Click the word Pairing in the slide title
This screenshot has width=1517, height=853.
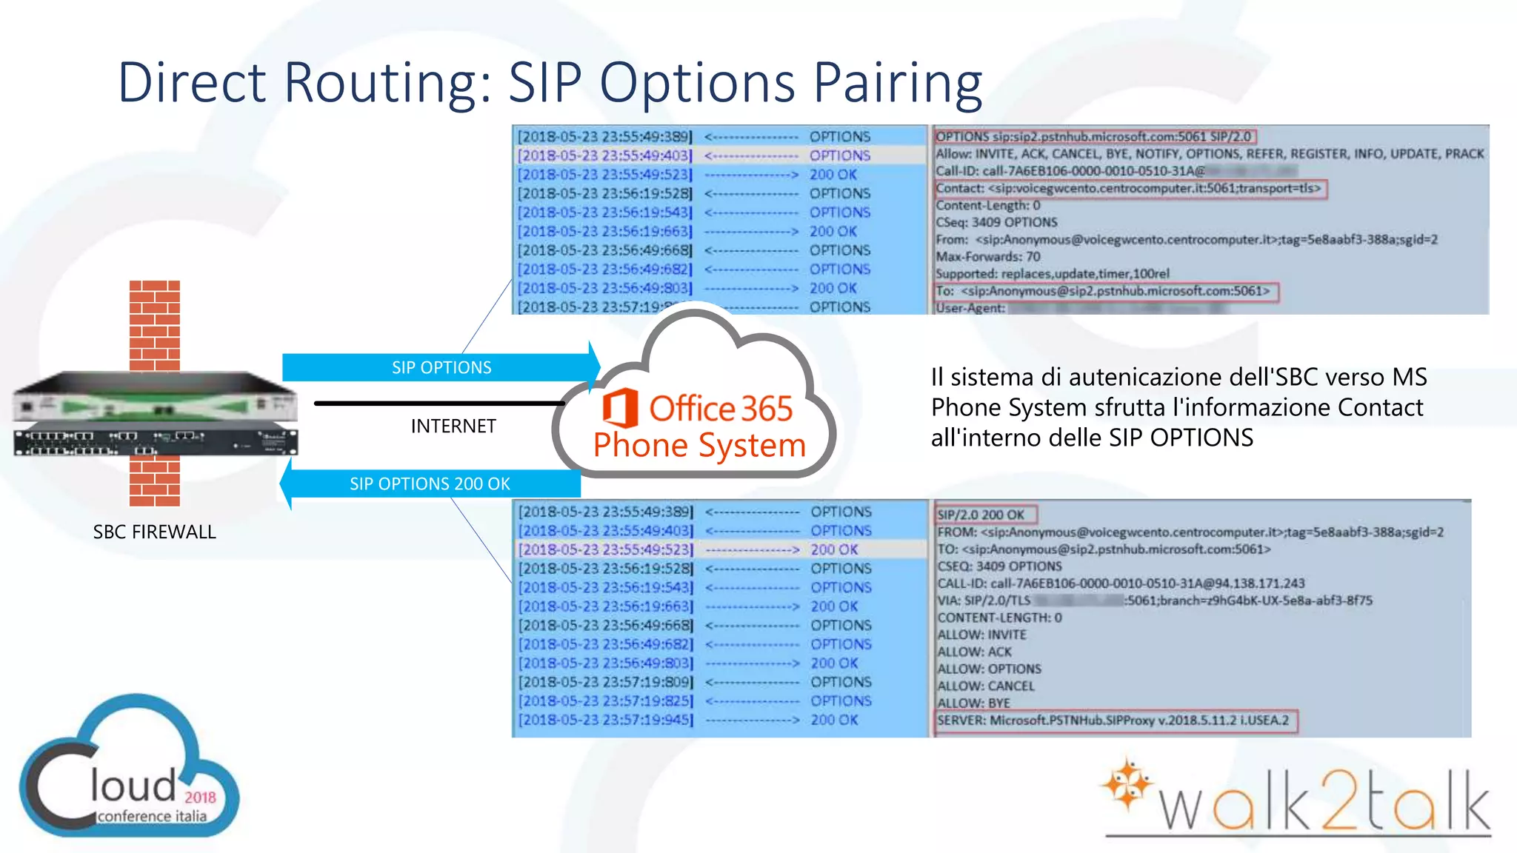coord(898,83)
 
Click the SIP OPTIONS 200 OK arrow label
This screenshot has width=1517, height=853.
coord(430,484)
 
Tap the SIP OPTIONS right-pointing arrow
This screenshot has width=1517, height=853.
coord(441,368)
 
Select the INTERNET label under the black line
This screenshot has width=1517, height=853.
coord(453,426)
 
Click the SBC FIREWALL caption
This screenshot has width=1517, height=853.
coord(154,532)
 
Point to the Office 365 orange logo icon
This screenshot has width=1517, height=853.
coord(620,408)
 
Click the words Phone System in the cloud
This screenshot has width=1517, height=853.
coord(699,446)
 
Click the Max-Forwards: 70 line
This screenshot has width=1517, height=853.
coord(988,257)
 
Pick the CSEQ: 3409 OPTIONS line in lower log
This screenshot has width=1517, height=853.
coord(999,566)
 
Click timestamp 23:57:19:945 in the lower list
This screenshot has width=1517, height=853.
coord(606,720)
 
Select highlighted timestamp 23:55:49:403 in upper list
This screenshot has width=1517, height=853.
coord(605,155)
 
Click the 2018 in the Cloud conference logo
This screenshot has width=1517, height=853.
coord(200,797)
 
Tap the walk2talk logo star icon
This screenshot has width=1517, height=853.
coord(1126,783)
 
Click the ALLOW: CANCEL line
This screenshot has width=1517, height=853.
coord(986,686)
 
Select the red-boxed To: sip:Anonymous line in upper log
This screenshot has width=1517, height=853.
coord(1104,291)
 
